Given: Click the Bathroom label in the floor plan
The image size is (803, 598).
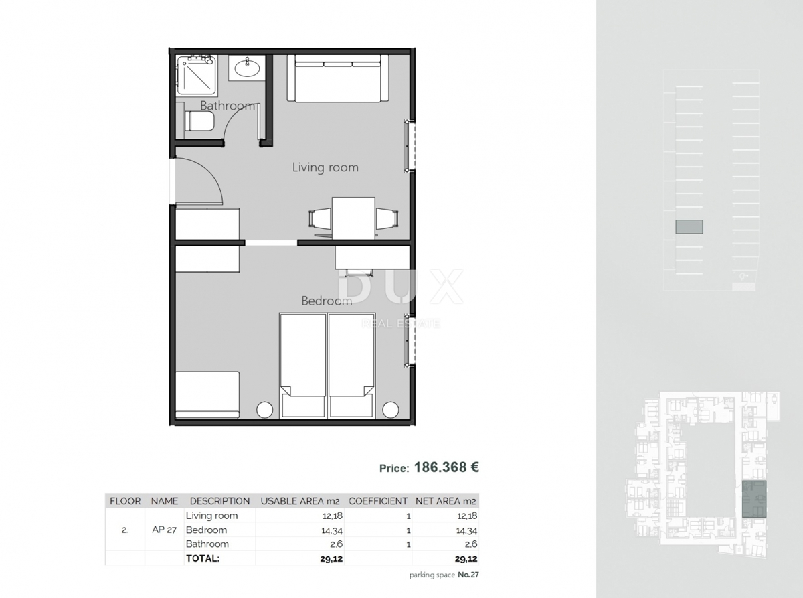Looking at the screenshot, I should [x=228, y=106].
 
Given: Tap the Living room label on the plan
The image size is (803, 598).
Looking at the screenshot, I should [x=325, y=167].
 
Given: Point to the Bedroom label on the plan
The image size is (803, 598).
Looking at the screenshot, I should [x=327, y=301].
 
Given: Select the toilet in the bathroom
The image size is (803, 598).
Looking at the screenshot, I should [x=199, y=122].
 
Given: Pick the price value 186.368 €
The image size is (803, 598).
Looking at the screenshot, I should [x=447, y=467].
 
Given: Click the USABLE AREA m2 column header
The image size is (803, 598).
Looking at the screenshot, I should [x=300, y=501].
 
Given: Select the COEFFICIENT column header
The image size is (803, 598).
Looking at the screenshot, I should [x=378, y=501].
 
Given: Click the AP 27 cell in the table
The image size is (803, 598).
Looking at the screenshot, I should [x=165, y=530].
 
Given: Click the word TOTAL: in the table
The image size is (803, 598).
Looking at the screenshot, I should [x=203, y=558].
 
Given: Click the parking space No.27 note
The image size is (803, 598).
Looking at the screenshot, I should [x=444, y=575].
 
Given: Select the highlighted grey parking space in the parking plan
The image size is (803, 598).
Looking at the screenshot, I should [x=689, y=227].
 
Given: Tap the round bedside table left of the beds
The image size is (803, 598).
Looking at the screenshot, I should [x=265, y=409].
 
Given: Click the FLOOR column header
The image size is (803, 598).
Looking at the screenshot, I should [x=125, y=501].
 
